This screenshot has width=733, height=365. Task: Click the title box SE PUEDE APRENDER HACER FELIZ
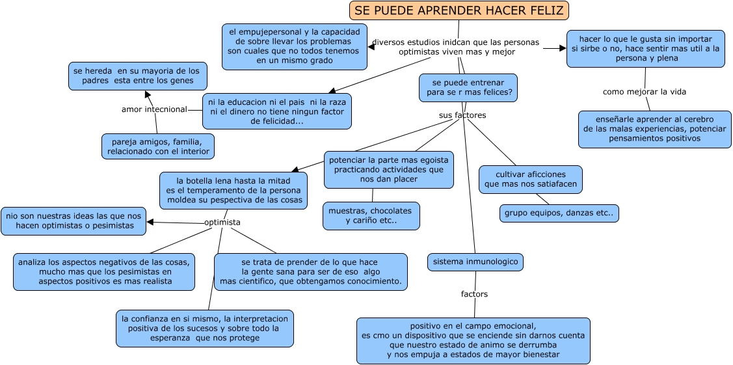click(x=459, y=10)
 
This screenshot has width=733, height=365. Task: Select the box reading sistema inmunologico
click(x=475, y=262)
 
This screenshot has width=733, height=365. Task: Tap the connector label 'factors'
click(x=475, y=294)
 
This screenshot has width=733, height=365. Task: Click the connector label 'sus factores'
click(x=462, y=115)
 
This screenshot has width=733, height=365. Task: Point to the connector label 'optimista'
click(x=222, y=222)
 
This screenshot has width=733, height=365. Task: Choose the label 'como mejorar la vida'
click(x=645, y=92)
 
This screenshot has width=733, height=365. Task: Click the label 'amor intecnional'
click(x=154, y=109)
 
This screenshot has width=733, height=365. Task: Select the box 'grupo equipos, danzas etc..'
click(x=559, y=213)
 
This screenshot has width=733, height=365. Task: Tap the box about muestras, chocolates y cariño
click(x=371, y=216)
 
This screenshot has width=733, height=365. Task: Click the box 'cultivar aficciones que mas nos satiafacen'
click(x=531, y=180)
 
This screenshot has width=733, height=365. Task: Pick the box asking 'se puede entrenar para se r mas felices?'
click(x=468, y=87)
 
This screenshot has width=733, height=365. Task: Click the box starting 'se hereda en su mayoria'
click(x=138, y=76)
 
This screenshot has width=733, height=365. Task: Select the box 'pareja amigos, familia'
click(x=158, y=146)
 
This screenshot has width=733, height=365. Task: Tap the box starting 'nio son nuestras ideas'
click(x=73, y=221)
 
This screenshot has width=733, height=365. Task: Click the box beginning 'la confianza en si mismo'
click(x=205, y=329)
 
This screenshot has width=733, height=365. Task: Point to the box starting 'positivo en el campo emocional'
click(x=473, y=341)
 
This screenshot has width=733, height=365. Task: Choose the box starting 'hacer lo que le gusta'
click(x=646, y=49)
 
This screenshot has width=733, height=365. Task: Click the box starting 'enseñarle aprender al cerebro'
click(x=655, y=129)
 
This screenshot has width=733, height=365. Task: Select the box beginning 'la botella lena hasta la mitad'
click(x=233, y=191)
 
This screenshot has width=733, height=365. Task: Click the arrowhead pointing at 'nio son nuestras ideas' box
click(x=150, y=222)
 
